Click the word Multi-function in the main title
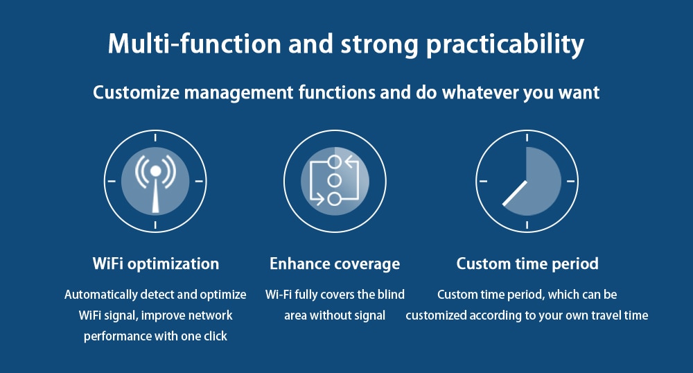click(x=195, y=44)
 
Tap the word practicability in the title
click(x=505, y=46)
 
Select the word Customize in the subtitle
click(x=137, y=92)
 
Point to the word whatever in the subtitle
click(x=481, y=92)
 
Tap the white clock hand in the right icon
click(x=515, y=193)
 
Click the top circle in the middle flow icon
click(x=335, y=162)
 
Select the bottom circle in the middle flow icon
click(x=335, y=199)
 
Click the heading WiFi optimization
click(x=155, y=264)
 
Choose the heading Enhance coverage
click(x=335, y=264)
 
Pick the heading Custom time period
click(x=527, y=264)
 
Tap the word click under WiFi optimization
click(x=216, y=336)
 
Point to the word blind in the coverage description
click(x=391, y=295)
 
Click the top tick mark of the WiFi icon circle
click(x=155, y=138)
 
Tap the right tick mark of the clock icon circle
click(x=571, y=181)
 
